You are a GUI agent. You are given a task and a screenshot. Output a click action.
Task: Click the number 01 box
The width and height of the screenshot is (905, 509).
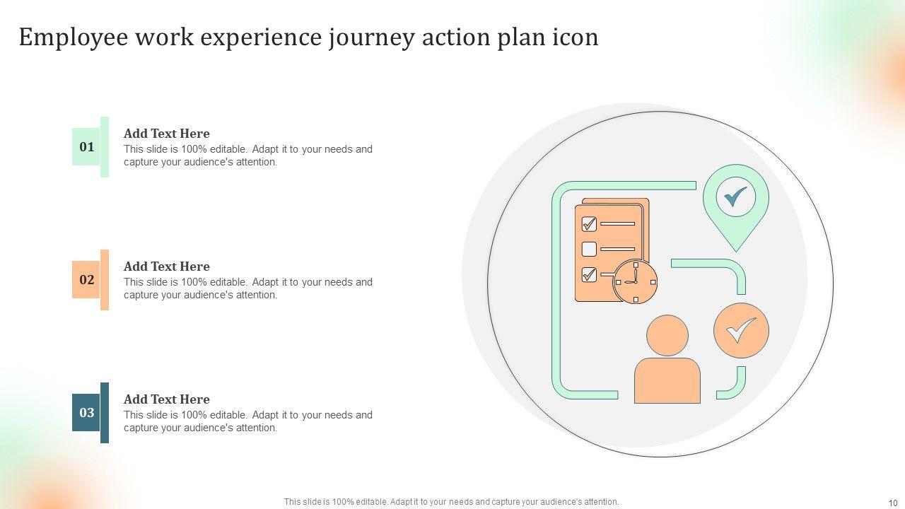tap(86, 147)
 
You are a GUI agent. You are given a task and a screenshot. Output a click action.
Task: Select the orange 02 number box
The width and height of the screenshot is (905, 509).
tap(86, 280)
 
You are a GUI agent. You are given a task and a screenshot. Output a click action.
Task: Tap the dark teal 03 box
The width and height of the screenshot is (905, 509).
tap(86, 413)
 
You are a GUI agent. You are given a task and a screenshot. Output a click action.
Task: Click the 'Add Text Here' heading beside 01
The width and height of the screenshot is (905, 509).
tap(167, 134)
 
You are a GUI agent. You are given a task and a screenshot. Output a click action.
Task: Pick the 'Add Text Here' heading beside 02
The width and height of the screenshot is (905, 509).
tap(167, 267)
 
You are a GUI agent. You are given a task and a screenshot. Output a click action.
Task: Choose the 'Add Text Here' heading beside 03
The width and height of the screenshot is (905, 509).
tap(167, 399)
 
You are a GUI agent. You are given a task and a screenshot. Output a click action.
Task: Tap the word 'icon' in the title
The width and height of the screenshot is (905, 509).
tap(574, 38)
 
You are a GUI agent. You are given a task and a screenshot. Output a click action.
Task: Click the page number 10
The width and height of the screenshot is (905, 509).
tap(892, 502)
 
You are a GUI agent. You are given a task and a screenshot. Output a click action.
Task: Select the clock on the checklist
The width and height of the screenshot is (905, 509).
tap(635, 281)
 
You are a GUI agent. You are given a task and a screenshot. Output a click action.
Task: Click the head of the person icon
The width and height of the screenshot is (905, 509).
tap(667, 335)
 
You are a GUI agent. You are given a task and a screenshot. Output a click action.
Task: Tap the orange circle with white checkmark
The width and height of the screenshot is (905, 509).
tap(741, 330)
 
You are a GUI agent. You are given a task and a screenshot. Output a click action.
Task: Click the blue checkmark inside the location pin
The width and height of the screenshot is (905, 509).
tap(735, 197)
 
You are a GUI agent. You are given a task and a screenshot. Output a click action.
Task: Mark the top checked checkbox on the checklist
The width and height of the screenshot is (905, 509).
tap(589, 224)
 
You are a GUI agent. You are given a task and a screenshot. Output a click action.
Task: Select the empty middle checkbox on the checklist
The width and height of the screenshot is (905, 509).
tap(589, 249)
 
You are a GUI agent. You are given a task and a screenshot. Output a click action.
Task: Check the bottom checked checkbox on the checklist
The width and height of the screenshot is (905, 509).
tap(589, 274)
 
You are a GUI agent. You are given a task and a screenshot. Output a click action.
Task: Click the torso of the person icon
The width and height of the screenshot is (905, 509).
tap(667, 382)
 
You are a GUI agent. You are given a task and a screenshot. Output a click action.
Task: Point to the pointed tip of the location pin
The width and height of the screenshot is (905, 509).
tap(736, 249)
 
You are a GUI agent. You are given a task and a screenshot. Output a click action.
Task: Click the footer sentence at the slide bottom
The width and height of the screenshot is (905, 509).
tap(452, 502)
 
